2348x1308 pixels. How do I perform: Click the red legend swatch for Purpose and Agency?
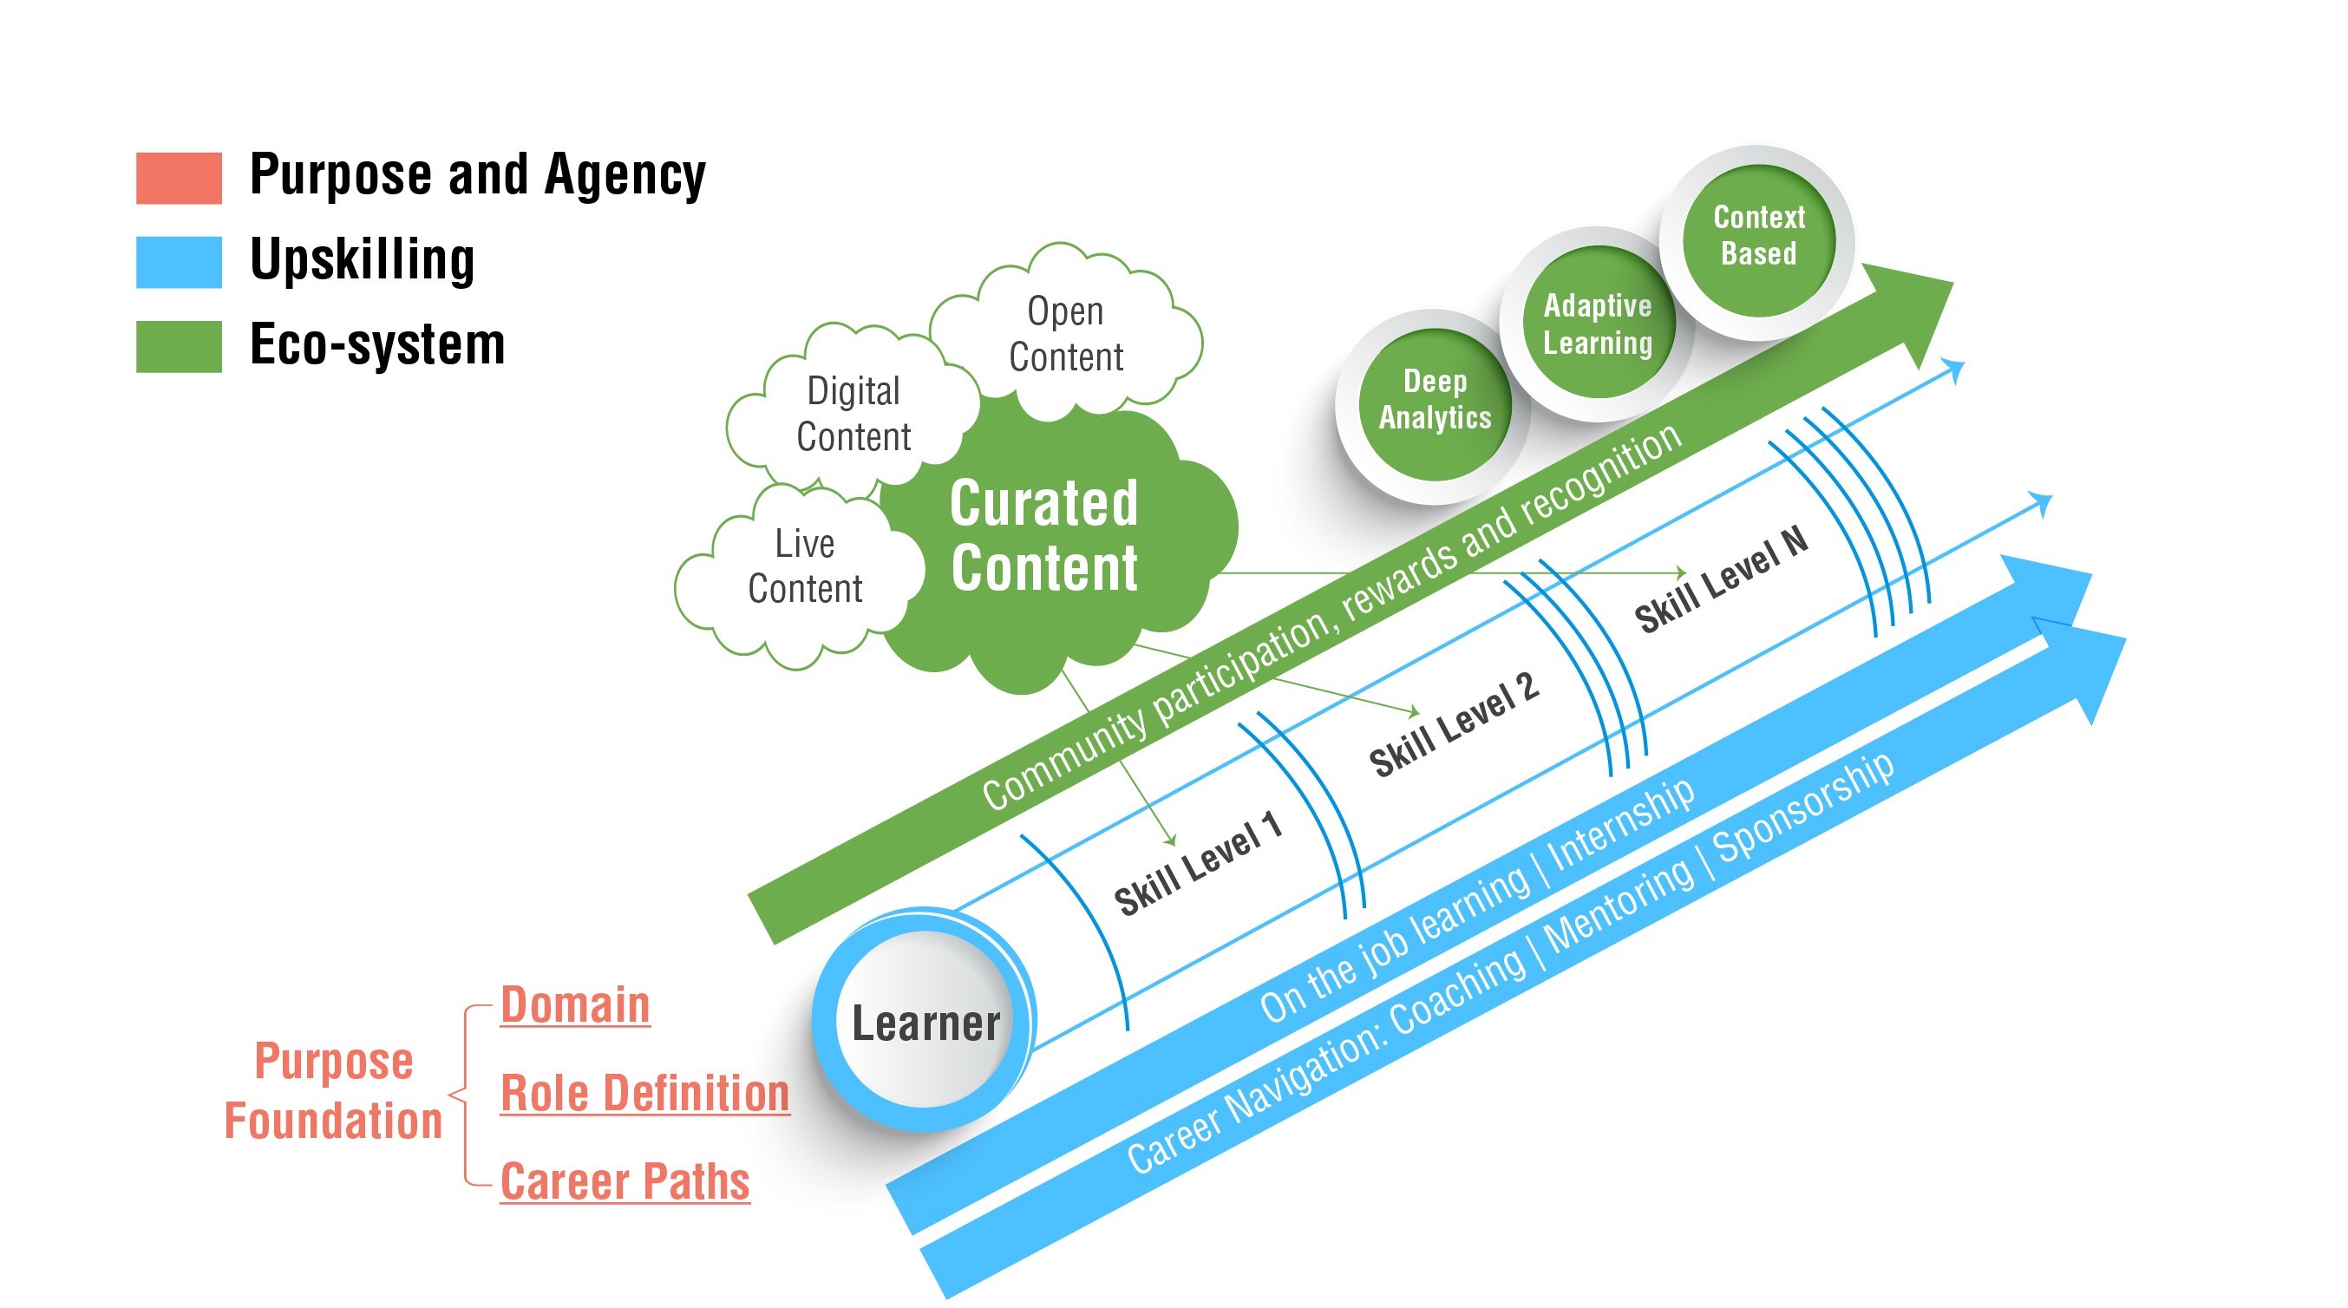point(179,178)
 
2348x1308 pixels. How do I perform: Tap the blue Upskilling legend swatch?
point(179,262)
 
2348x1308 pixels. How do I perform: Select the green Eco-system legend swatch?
point(179,346)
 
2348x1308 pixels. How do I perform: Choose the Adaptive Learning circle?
point(1597,324)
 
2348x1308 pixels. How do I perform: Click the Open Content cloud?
point(1065,335)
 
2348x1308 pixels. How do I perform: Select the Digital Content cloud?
point(854,414)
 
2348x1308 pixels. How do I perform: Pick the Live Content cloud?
point(804,567)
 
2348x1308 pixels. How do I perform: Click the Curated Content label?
point(1043,536)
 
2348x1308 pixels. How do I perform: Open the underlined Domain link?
point(575,1005)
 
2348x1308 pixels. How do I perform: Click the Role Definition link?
point(644,1093)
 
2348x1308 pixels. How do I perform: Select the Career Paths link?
point(625,1181)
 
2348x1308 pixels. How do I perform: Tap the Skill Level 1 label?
point(1198,864)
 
